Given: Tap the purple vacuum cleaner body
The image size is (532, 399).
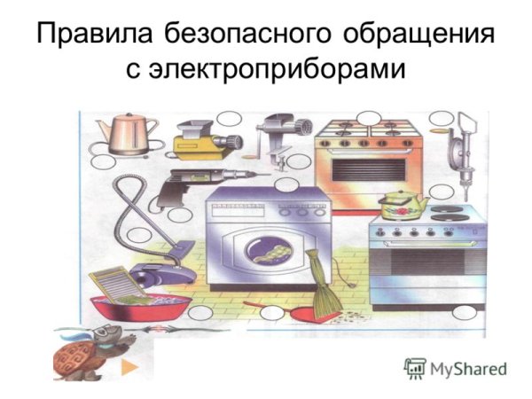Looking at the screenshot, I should (x=160, y=270).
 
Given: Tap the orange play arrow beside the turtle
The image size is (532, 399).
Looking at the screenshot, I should (x=129, y=364).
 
